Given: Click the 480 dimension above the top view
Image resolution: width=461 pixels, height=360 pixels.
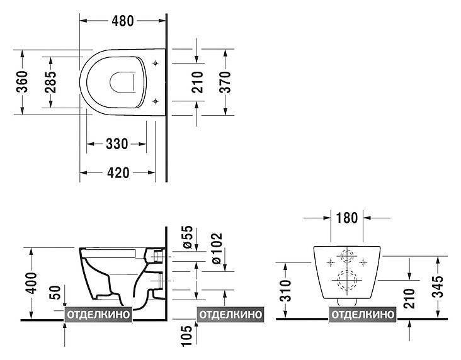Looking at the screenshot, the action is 123,21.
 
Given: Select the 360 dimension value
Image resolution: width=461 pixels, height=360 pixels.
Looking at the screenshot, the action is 22,82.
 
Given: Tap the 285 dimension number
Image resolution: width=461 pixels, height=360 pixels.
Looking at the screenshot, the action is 50,82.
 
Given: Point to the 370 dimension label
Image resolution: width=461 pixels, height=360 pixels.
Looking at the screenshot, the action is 225,82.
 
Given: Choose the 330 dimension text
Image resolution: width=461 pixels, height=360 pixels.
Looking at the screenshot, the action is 117,144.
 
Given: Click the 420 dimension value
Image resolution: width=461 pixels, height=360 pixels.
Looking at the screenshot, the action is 118,173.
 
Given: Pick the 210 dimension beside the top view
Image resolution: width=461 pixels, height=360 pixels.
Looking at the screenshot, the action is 197,82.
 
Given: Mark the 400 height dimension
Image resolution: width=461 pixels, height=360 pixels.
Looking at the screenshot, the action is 31,283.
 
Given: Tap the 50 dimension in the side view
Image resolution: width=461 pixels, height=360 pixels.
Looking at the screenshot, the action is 56,293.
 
